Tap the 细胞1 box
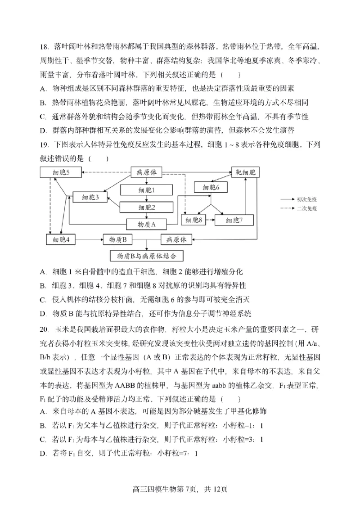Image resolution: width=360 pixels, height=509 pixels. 147,190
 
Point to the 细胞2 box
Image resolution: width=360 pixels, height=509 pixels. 147,207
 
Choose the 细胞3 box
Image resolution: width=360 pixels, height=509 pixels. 90,197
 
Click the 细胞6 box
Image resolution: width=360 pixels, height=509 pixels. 211,188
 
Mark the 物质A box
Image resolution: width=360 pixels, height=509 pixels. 146,223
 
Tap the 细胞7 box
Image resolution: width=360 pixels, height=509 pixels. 234,220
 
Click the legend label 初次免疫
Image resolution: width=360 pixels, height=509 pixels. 307,198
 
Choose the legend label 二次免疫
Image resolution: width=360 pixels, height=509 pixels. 307,208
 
